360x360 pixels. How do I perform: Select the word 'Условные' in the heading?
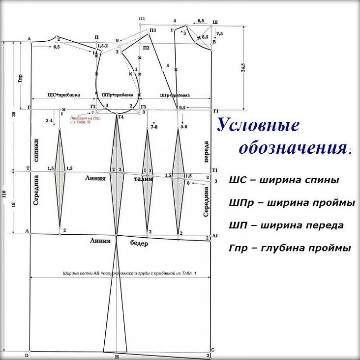point(258,125)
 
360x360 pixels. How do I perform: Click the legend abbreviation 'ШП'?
point(236,225)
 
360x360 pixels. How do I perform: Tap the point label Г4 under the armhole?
point(121,116)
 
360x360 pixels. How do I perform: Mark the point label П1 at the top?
point(142,19)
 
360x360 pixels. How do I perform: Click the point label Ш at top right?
point(215,22)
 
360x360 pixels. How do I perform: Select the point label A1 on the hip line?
point(214,236)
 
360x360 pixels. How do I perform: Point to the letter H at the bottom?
point(117,357)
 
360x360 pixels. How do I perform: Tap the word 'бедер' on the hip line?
point(139,243)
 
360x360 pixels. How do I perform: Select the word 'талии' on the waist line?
point(144,180)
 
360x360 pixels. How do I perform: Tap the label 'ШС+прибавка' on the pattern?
point(63,94)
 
